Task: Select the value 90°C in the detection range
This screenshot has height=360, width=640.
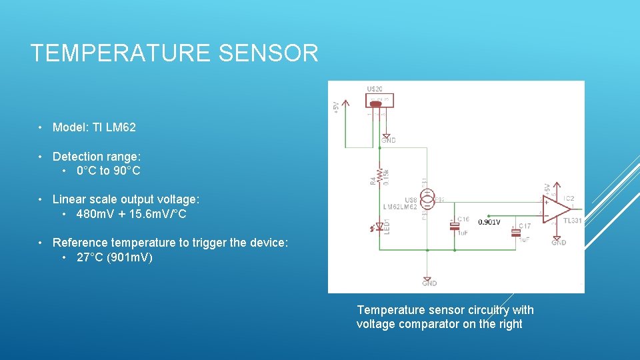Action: pyautogui.click(x=127, y=171)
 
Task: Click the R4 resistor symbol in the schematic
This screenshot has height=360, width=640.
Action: pyautogui.click(x=379, y=176)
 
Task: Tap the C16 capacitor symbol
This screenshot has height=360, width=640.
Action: pyautogui.click(x=455, y=225)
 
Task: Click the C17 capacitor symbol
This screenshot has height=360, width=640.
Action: pyautogui.click(x=515, y=233)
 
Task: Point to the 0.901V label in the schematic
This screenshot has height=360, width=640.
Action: pyautogui.click(x=489, y=222)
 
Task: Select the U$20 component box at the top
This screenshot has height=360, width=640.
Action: pyautogui.click(x=379, y=101)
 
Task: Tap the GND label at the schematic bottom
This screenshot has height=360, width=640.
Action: pyautogui.click(x=429, y=283)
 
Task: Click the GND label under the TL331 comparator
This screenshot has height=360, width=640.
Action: pyautogui.click(x=559, y=243)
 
